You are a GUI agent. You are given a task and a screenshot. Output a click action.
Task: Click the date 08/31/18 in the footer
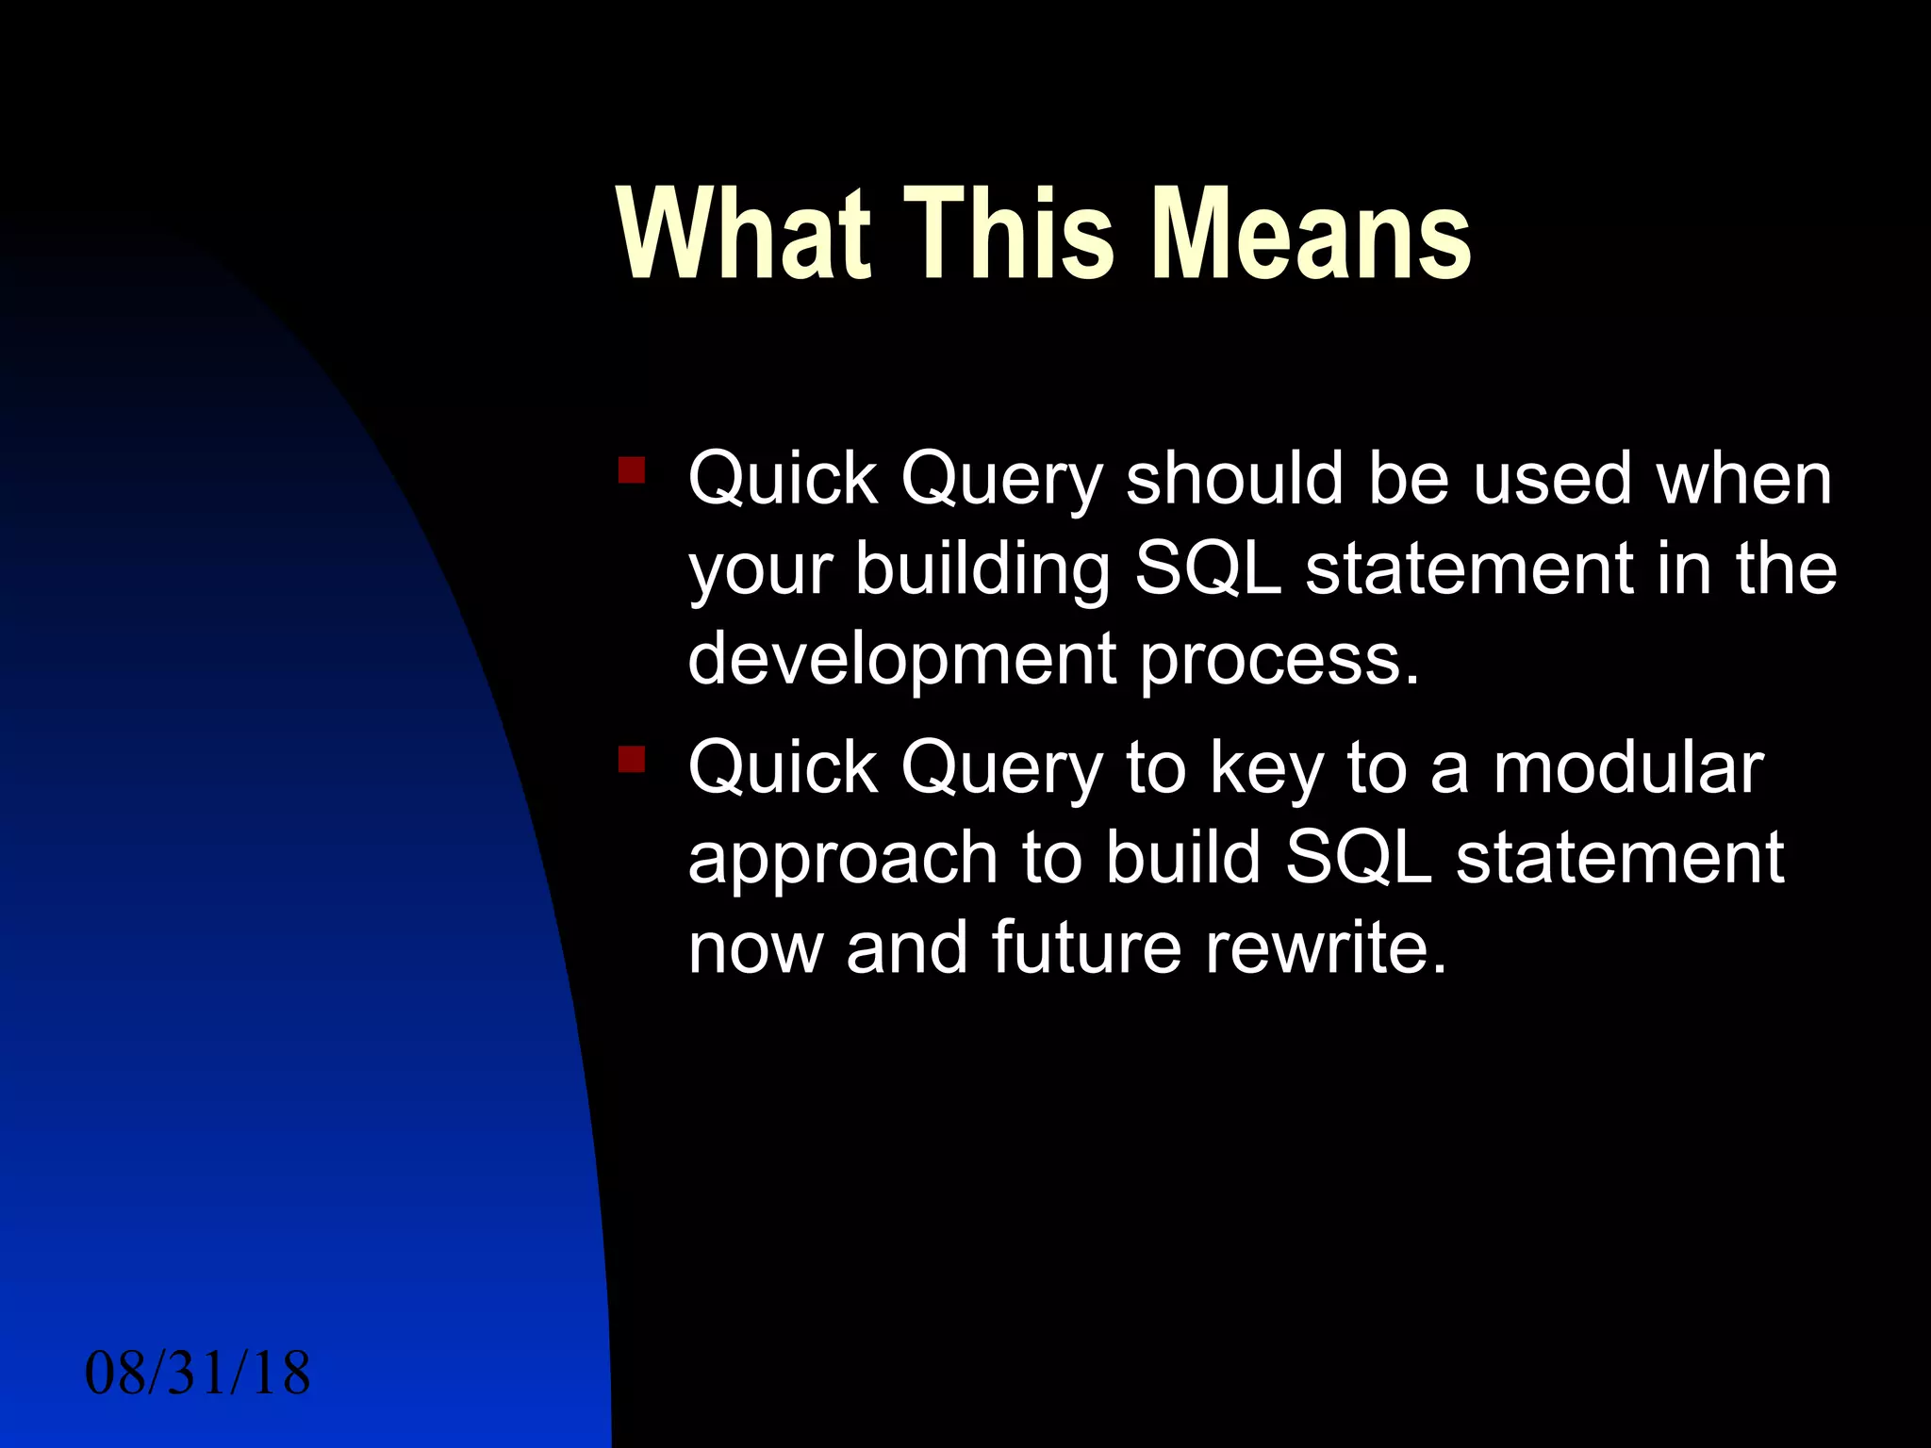(x=197, y=1373)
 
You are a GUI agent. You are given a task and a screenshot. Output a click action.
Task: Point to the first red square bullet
(x=631, y=469)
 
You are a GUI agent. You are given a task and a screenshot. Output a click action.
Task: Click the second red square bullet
(x=631, y=759)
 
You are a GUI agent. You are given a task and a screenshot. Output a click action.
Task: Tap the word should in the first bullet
(x=1234, y=478)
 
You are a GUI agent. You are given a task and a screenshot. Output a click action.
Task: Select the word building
(x=982, y=568)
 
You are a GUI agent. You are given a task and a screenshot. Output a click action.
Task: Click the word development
(x=902, y=659)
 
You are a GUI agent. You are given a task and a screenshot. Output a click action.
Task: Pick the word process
(x=1279, y=659)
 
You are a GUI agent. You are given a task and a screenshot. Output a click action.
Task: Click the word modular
(x=1627, y=767)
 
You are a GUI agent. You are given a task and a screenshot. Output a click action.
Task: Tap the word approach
(x=843, y=859)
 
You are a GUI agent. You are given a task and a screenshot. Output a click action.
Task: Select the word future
(x=1086, y=946)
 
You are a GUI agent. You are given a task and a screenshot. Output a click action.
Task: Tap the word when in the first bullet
(x=1744, y=478)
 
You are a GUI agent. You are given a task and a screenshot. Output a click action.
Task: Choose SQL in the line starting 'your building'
(x=1207, y=568)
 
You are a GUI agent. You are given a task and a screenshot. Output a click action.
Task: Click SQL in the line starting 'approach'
(x=1358, y=857)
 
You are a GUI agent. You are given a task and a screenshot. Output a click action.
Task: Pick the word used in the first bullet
(x=1552, y=478)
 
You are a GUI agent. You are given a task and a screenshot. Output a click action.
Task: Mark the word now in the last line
(x=755, y=948)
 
